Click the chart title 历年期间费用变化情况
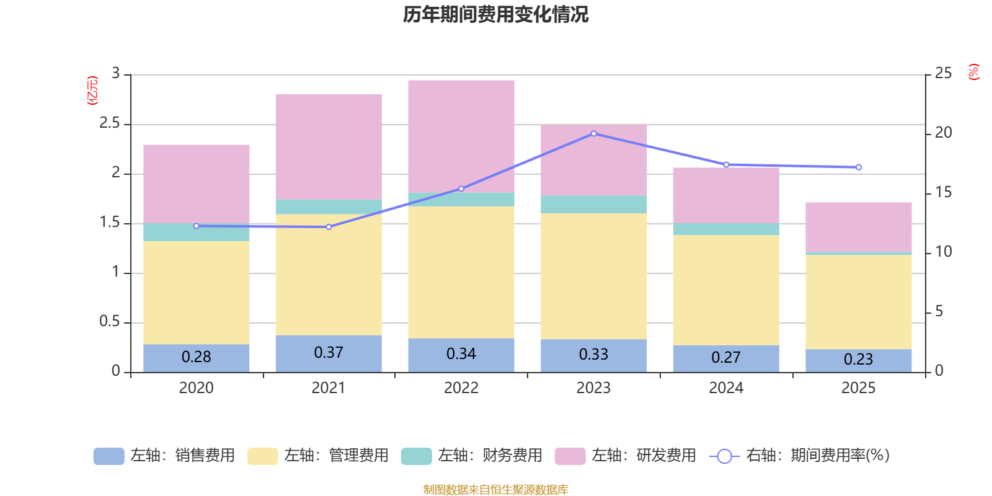495,15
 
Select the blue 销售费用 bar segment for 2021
329,354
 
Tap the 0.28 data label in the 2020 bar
196,357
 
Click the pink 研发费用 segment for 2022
461,136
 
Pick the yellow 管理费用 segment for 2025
858,302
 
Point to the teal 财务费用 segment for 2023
593,205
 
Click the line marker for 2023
594,134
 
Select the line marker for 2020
196,226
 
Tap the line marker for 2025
858,167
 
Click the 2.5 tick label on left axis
110,123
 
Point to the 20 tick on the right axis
944,133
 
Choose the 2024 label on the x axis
726,388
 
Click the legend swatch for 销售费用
109,456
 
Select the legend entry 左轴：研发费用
626,456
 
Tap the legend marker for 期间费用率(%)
725,456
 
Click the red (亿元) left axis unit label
92,91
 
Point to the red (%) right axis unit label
973,72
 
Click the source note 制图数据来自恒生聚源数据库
495,489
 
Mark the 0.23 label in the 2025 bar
858,359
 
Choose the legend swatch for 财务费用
416,456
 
